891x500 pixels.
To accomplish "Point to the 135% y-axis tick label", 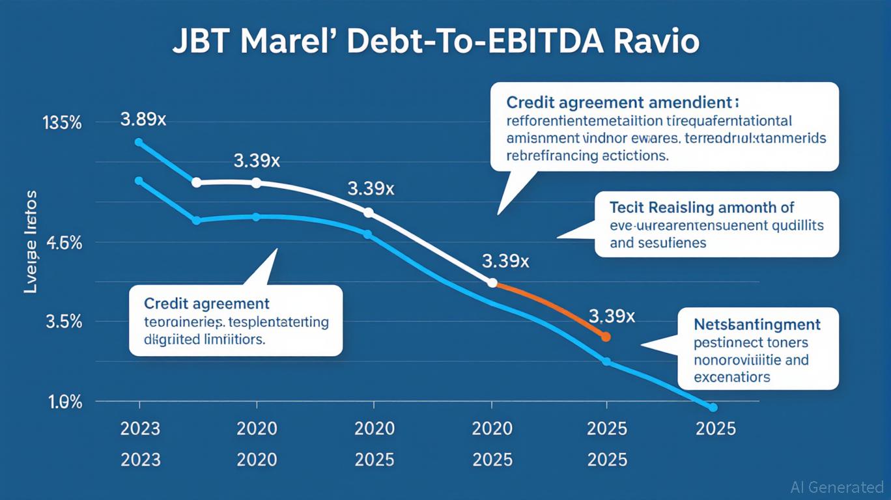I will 63,123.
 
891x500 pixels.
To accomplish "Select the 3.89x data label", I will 143,120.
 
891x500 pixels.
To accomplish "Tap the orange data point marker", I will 606,337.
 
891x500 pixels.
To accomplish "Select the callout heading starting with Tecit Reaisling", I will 702,208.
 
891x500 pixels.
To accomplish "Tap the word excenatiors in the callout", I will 732,377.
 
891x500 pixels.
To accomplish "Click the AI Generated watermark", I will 836,486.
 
